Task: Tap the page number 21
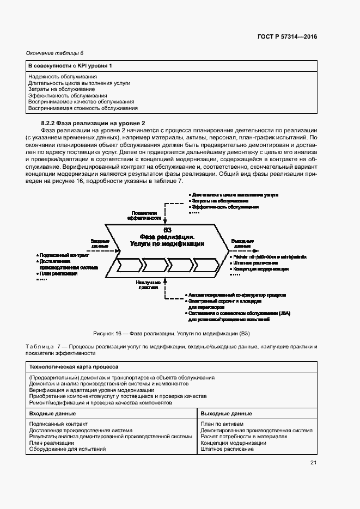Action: click(x=313, y=463)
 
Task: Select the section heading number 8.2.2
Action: click(x=50, y=124)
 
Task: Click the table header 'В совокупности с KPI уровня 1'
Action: click(x=70, y=66)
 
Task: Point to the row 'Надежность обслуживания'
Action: click(x=63, y=77)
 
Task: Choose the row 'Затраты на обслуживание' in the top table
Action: click(x=62, y=89)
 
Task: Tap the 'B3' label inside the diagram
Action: click(x=168, y=230)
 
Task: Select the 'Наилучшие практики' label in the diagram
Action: click(x=148, y=285)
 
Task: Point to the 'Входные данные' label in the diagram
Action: click(x=100, y=243)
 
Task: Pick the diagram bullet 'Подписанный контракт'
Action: click(x=64, y=255)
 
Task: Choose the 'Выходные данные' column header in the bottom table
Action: click(x=225, y=413)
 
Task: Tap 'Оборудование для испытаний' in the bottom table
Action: click(x=67, y=449)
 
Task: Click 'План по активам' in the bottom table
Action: click(x=222, y=424)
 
